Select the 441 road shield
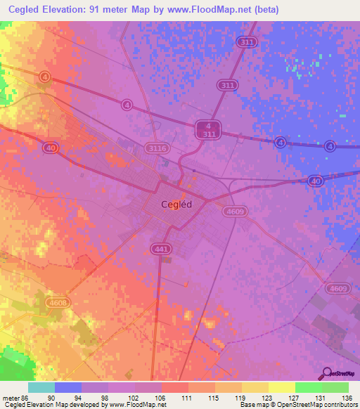coord(159,249)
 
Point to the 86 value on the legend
coord(24,397)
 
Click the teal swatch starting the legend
coord(41,387)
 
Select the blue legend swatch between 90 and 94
coord(68,387)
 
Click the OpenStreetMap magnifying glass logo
coord(326,372)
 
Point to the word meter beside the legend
coord(9,397)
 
